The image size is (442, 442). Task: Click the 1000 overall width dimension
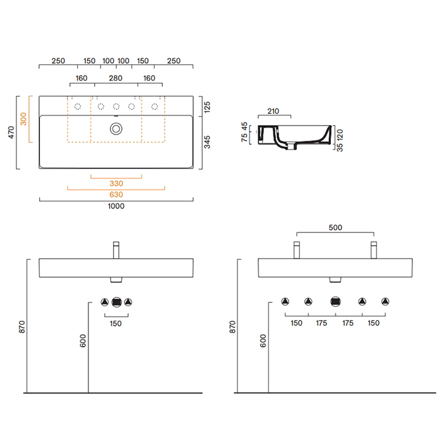tap(116, 206)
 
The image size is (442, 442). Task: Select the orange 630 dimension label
tap(116, 194)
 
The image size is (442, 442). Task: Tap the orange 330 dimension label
tap(116, 183)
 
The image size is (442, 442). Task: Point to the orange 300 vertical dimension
tap(24, 119)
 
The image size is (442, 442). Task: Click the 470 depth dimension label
tap(11, 133)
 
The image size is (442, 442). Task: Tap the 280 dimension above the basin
tap(116, 78)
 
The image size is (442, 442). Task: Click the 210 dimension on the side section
tap(273, 111)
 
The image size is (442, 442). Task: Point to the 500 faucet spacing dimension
tap(335, 228)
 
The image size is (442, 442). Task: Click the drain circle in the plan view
tap(116, 129)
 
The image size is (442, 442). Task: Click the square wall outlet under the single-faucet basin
tap(116, 302)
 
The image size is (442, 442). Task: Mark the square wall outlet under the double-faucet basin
tap(335, 302)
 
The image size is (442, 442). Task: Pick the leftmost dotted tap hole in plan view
tap(78, 107)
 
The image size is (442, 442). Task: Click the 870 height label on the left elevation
tap(21, 326)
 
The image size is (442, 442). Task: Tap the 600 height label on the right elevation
tap(263, 341)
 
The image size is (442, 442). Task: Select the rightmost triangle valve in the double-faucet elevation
tap(385, 302)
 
